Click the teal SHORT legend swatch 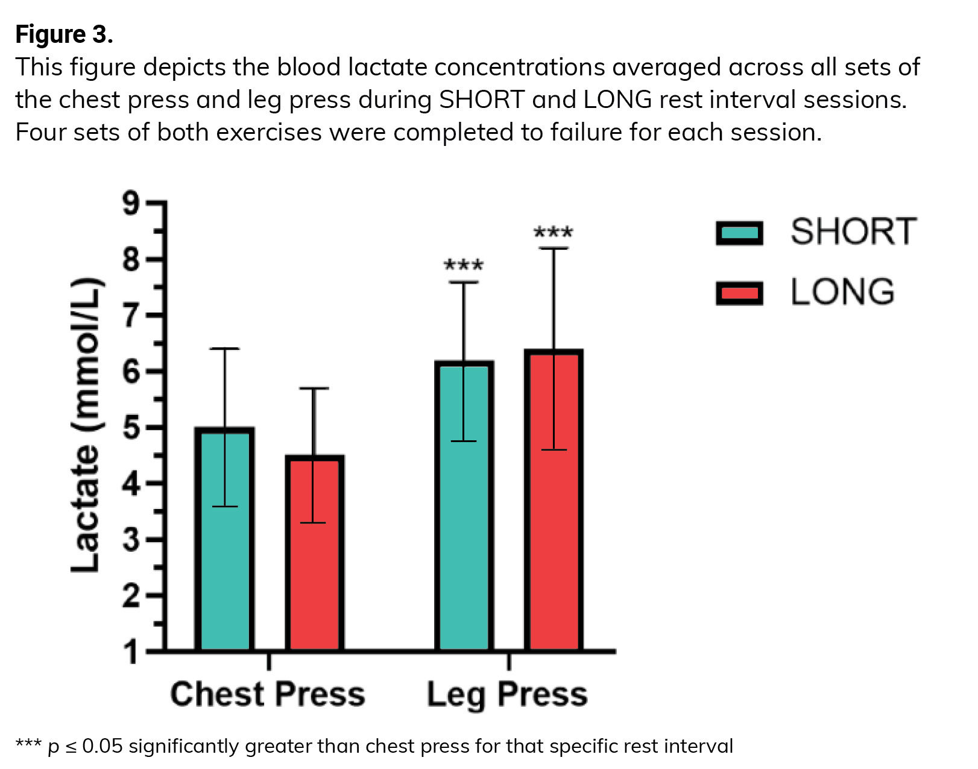(x=739, y=233)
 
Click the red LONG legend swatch (x=739, y=293)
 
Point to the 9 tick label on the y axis (x=131, y=204)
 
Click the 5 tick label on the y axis (x=131, y=428)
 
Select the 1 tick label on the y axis (x=131, y=652)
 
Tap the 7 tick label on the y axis (x=131, y=315)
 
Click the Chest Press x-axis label (x=268, y=694)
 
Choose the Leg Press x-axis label (x=507, y=695)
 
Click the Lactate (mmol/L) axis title (x=85, y=425)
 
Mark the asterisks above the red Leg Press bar (x=554, y=232)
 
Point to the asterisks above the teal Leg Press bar (x=463, y=265)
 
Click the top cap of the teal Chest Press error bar (x=225, y=349)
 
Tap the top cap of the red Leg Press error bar (x=553, y=248)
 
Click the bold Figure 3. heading (x=64, y=34)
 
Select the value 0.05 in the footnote (x=103, y=747)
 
